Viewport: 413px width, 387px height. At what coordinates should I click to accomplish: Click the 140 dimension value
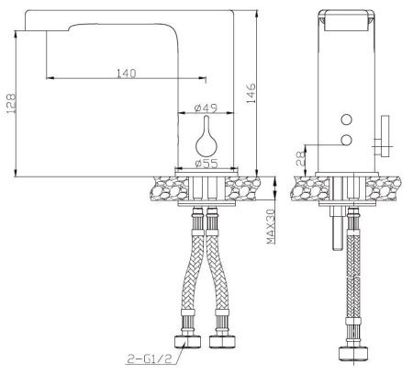point(127,73)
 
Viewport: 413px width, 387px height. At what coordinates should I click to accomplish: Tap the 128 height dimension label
point(11,104)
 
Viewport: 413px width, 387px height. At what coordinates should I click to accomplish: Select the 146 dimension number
point(251,93)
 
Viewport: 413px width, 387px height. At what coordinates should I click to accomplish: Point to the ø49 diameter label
point(206,108)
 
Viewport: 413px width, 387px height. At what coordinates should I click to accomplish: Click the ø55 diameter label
point(206,164)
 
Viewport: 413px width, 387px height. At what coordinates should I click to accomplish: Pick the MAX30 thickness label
point(271,226)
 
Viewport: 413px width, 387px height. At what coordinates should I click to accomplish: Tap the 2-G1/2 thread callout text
point(150,359)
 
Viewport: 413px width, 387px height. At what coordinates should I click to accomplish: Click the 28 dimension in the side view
point(301,158)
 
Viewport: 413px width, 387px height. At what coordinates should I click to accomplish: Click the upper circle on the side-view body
point(346,120)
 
